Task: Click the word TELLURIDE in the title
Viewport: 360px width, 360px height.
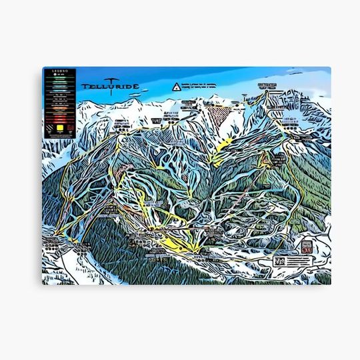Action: pyautogui.click(x=107, y=87)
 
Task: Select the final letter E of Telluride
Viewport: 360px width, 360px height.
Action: pyautogui.click(x=129, y=87)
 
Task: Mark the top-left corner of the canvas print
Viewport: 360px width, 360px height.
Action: pyautogui.click(x=43, y=67)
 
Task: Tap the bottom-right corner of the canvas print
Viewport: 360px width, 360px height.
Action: pyautogui.click(x=331, y=285)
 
